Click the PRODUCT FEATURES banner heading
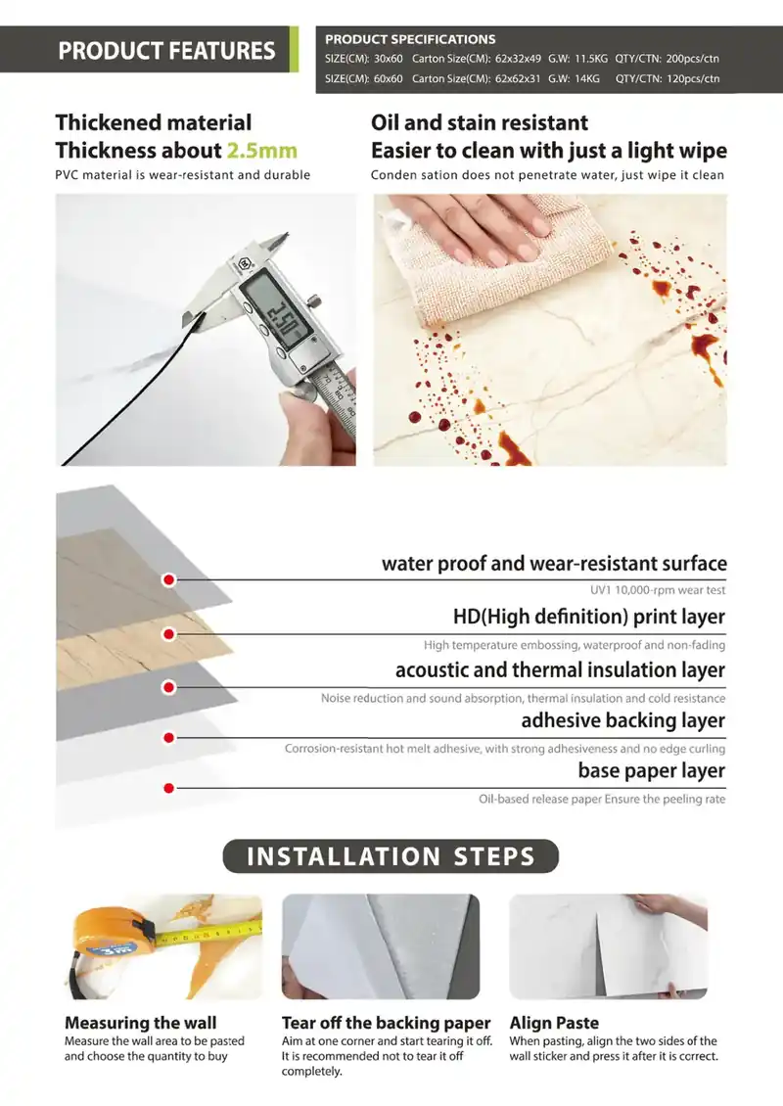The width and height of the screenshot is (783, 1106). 166,51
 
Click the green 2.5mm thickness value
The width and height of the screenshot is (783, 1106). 261,151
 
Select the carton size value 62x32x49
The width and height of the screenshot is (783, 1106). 518,59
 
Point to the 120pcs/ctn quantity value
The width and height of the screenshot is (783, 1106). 693,78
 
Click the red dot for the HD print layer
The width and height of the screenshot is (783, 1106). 168,634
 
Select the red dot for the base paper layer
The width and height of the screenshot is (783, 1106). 168,788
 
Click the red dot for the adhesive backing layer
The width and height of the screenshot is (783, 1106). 168,738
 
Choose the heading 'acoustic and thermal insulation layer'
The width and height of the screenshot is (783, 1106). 560,670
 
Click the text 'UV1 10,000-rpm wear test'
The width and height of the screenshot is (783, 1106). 658,590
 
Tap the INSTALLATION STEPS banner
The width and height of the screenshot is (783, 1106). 391,856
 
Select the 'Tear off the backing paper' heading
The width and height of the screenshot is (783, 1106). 386,1023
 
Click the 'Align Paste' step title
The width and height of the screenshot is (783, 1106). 554,1023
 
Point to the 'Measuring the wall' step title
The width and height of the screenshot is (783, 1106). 140,1023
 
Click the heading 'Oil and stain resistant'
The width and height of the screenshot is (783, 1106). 479,122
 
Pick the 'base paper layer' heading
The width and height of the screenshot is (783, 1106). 652,771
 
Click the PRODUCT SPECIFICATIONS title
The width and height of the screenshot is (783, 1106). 410,39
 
